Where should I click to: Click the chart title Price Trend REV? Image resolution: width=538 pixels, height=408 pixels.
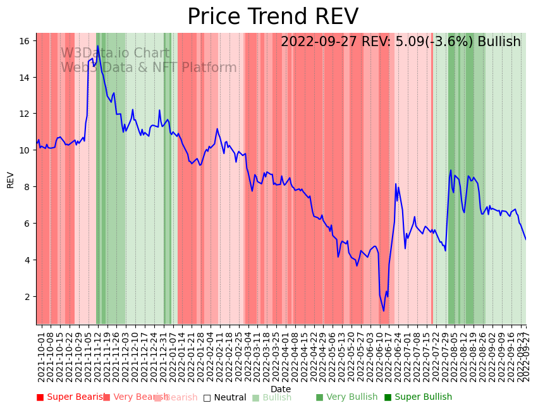click(272, 17)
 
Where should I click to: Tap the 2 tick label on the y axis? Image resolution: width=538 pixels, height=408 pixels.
click(27, 297)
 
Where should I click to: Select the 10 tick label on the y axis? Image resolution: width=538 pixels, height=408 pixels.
click(25, 150)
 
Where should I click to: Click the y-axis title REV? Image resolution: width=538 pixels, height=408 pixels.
click(11, 179)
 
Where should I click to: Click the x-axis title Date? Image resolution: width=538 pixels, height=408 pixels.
click(281, 390)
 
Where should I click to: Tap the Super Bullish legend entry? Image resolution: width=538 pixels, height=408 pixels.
click(418, 397)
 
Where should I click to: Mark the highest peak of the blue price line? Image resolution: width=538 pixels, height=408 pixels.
click(97, 45)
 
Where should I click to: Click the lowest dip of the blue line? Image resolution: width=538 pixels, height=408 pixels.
click(383, 311)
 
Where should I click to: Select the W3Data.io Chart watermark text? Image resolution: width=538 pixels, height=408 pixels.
click(115, 54)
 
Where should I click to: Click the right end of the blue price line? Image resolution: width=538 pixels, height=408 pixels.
click(525, 239)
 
